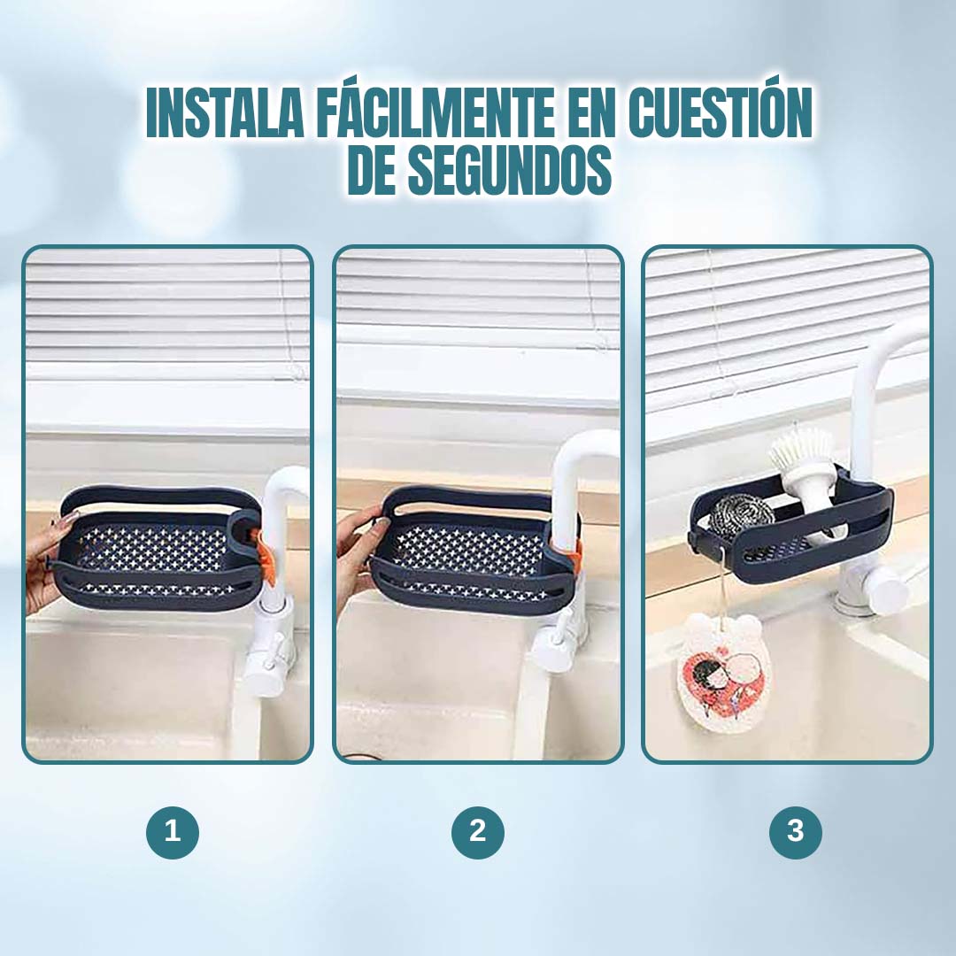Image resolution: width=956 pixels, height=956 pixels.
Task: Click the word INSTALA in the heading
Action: (225, 112)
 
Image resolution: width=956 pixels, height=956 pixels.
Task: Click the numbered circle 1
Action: (173, 831)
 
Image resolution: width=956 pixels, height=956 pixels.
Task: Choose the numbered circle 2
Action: (478, 831)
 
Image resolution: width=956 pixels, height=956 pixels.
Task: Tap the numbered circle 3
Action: (796, 831)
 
